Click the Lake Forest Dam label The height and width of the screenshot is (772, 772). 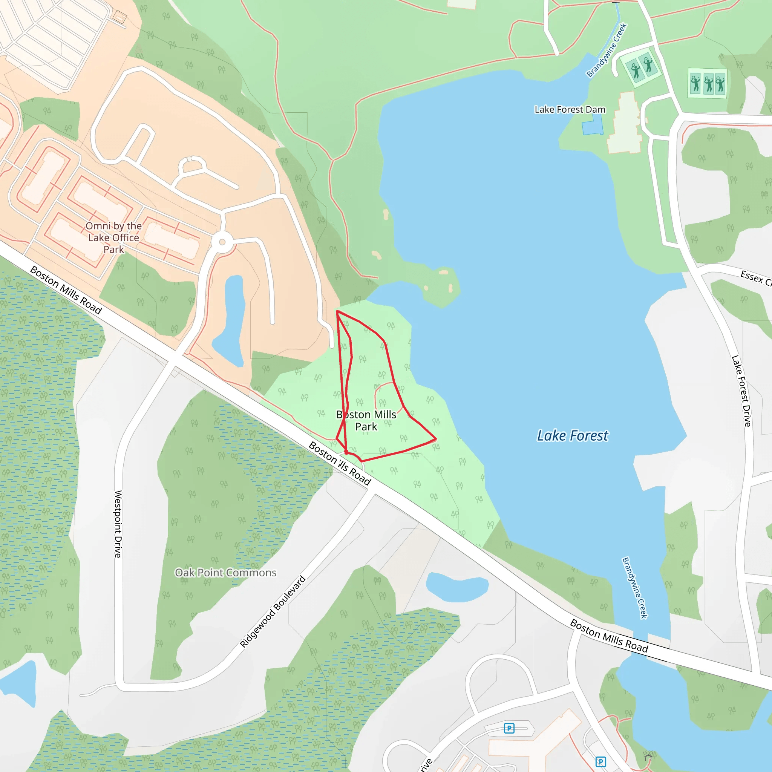coord(570,109)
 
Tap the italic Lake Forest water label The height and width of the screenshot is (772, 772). coord(572,435)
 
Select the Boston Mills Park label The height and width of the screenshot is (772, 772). coord(366,420)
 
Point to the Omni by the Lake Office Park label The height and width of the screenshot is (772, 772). coord(114,237)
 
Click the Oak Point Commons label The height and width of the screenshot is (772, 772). coord(226,573)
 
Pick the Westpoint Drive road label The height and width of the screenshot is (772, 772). coord(118,524)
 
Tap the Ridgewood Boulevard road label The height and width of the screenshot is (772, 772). coord(273,611)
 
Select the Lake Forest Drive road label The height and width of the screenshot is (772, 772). coord(741,391)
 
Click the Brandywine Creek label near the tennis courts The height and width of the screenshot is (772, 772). coord(607,50)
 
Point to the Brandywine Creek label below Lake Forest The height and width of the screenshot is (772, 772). coord(634,588)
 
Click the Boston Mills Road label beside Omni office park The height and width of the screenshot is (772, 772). coord(66,290)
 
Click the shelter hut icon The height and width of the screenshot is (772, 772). coord(648,756)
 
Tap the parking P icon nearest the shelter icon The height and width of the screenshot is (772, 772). coord(600,761)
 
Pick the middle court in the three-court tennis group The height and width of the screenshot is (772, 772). coord(708,83)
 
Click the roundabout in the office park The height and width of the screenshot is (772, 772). coord(222,242)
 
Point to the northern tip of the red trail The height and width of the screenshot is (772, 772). coord(337,311)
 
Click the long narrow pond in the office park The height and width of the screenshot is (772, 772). coord(232,320)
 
